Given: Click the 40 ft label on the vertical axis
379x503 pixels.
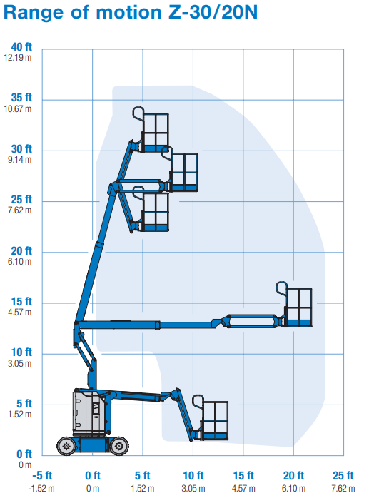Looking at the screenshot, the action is click(21, 47).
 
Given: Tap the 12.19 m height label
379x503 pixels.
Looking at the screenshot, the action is click(18, 58).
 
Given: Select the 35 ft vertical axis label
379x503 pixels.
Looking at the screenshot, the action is click(21, 98).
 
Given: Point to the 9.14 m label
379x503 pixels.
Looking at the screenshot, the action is click(19, 159).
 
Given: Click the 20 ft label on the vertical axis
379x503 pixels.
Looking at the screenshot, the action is click(21, 251).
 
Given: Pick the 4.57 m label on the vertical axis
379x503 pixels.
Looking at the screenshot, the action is click(19, 312).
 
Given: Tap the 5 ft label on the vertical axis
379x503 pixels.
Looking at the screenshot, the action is click(24, 404).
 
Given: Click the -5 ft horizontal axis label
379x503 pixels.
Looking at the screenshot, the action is click(42, 475).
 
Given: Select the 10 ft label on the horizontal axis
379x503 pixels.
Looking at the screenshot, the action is click(193, 475).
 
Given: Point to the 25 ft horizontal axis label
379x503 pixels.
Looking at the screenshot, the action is click(343, 475).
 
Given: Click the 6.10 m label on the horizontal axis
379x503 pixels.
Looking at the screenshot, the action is click(293, 489).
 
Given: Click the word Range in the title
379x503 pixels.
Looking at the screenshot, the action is click(34, 13).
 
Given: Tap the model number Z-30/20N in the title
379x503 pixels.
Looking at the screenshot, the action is click(213, 12).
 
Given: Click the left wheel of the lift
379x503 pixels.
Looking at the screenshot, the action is click(66, 446).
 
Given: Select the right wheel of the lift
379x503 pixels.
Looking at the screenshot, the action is click(119, 446).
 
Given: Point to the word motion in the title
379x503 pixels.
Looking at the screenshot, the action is click(128, 13).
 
